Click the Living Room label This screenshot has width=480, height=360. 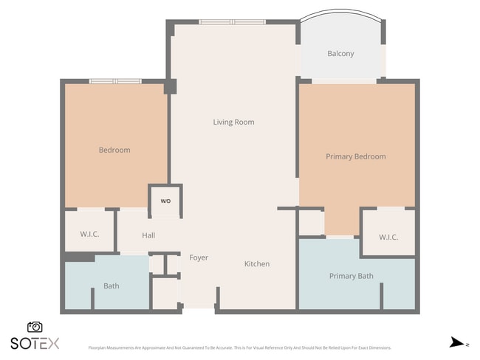coord(233,122)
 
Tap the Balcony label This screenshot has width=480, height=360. coord(340,53)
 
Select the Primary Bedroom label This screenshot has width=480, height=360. coord(356,156)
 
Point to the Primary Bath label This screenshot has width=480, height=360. coord(351,276)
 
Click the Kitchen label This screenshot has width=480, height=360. coord(257,263)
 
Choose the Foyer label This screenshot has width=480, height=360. coord(199,257)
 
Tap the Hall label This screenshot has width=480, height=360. coord(148,235)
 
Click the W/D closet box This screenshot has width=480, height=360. coord(165,201)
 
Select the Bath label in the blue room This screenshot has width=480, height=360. coord(112,285)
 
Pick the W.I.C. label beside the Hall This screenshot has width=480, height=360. coord(89,234)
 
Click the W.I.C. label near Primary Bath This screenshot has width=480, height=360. coord(388,237)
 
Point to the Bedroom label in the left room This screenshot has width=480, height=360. coord(114,150)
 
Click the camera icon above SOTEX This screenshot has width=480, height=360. coord(35,327)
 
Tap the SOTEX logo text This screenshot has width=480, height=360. coord(35,343)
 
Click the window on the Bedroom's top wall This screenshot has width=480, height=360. coord(115,81)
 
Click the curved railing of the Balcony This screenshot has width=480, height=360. coord(340,13)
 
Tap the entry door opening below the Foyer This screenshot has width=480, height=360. coord(199,311)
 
